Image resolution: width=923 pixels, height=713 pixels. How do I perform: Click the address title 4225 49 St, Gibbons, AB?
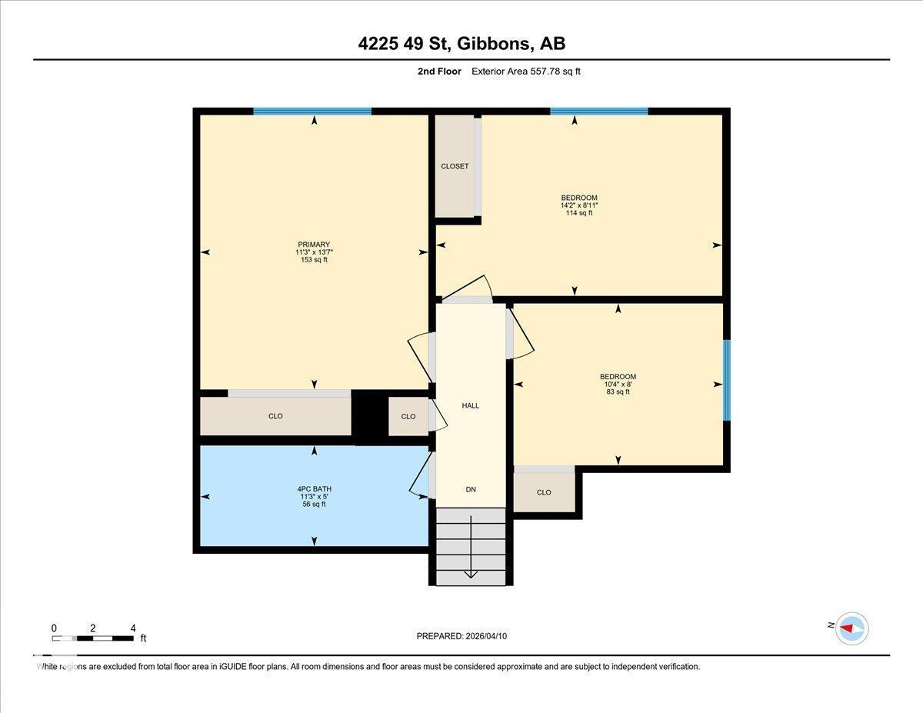pos(461,43)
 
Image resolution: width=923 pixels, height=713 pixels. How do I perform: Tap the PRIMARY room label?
pos(314,245)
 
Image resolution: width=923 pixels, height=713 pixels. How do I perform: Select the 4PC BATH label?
pos(314,489)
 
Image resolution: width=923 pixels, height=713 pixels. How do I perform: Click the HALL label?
pos(470,405)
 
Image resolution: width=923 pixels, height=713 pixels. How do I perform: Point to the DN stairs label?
pos(471,489)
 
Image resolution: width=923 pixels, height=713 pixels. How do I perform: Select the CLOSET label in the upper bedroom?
pos(455,166)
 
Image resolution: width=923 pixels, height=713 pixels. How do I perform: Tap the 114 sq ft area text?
pos(578,213)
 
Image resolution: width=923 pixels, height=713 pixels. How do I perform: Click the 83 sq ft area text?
pos(618,392)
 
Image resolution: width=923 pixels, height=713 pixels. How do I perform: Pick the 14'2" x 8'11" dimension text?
pos(578,205)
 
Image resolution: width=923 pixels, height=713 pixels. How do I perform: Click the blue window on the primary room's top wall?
pos(312,112)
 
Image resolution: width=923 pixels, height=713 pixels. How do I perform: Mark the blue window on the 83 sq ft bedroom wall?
pos(726,381)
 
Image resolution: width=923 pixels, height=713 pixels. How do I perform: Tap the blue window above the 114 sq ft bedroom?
pos(598,112)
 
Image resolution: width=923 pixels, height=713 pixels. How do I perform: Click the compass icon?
pos(851,628)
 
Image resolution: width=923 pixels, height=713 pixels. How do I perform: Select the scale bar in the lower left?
pos(93,638)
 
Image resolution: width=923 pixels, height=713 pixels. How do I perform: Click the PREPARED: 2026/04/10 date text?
pos(461,636)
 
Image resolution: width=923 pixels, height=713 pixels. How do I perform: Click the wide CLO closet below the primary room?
pos(275,416)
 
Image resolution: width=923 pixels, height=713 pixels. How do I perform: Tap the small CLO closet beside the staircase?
pos(544,492)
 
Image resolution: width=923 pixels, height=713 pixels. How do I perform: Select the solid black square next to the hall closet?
pos(369,416)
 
